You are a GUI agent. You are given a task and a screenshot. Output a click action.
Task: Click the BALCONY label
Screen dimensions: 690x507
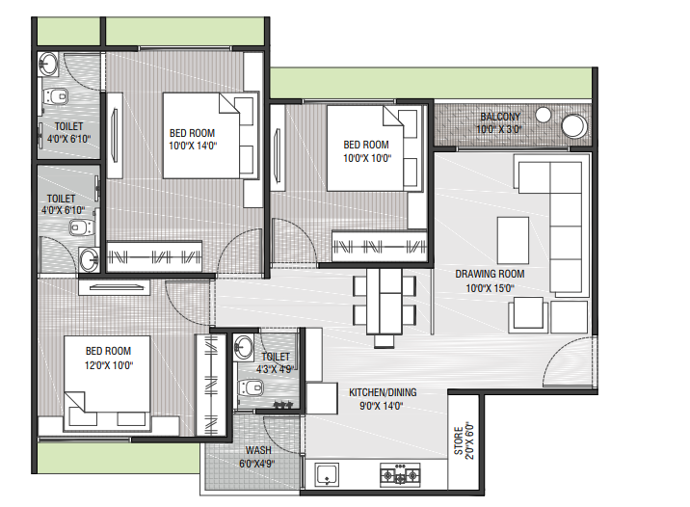(500, 117)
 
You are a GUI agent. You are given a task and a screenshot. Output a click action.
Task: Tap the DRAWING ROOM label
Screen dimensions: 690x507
(490, 274)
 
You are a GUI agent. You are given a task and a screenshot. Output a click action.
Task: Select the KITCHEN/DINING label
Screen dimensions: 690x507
(383, 392)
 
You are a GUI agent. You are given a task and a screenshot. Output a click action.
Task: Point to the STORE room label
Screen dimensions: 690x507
(458, 440)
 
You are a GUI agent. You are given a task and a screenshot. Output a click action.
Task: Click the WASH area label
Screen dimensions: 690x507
(258, 450)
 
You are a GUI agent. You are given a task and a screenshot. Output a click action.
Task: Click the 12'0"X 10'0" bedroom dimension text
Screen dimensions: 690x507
(109, 365)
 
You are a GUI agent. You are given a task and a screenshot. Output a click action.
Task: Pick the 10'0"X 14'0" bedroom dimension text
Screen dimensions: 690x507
(193, 146)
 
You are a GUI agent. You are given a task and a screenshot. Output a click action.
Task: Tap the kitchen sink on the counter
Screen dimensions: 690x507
(327, 475)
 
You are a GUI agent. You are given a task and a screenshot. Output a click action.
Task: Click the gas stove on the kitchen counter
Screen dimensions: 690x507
(400, 474)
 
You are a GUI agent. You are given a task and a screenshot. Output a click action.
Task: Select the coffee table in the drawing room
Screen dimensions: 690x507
(513, 240)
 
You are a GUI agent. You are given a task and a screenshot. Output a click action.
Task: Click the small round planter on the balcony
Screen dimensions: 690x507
(543, 115)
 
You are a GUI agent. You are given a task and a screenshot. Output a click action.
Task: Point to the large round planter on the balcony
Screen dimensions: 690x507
(573, 125)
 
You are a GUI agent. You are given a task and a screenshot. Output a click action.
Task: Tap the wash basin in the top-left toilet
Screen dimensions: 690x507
(48, 65)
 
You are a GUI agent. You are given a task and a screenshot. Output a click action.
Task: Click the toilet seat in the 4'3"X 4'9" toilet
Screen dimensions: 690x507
(250, 387)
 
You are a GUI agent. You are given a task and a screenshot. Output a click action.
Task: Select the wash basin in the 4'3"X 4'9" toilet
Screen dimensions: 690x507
(243, 348)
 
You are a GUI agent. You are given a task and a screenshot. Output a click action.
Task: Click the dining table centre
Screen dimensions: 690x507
(384, 302)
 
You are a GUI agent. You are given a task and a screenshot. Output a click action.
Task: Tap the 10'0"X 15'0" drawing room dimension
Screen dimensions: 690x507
(490, 288)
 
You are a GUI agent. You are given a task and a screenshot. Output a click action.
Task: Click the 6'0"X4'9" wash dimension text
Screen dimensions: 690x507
(257, 464)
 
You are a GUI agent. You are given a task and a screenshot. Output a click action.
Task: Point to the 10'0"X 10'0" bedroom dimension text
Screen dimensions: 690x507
(367, 158)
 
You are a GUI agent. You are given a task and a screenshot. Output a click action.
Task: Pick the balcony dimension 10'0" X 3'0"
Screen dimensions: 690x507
(498, 129)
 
